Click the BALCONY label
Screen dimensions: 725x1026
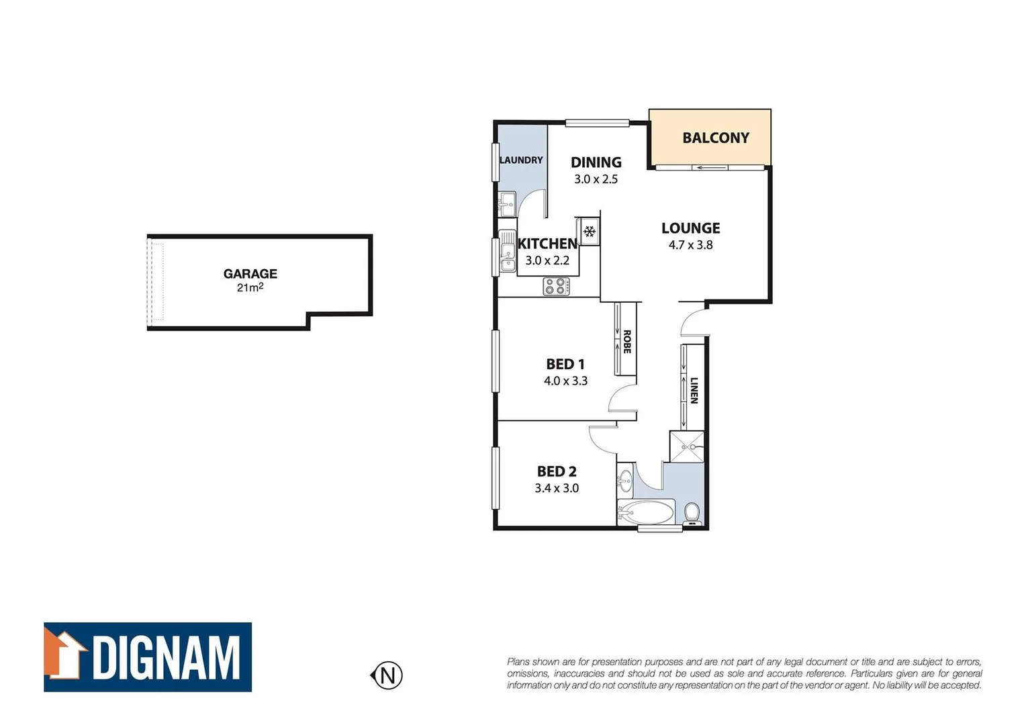[x=715, y=138]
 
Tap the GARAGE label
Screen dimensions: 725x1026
[x=250, y=273]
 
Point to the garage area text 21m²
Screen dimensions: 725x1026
[x=250, y=287]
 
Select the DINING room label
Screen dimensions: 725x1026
[x=596, y=162]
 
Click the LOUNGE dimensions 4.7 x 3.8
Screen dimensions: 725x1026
[x=690, y=245]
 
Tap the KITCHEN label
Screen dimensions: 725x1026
[x=547, y=244]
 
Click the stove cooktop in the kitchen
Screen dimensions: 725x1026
[x=556, y=287]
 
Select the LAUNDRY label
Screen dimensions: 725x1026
[x=521, y=160]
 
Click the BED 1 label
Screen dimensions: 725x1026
[x=565, y=365]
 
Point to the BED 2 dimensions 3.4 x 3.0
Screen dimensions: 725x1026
[x=557, y=488]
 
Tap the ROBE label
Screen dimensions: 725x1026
[x=626, y=341]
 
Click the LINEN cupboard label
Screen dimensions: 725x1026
[x=694, y=390]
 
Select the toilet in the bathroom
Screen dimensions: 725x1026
[x=692, y=514]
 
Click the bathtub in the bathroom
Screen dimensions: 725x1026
[x=645, y=513]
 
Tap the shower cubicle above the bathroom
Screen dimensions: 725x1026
[x=687, y=446]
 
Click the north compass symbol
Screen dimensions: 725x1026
[x=387, y=675]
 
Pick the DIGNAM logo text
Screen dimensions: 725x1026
[x=166, y=658]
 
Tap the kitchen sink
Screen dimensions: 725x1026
[x=507, y=252]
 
